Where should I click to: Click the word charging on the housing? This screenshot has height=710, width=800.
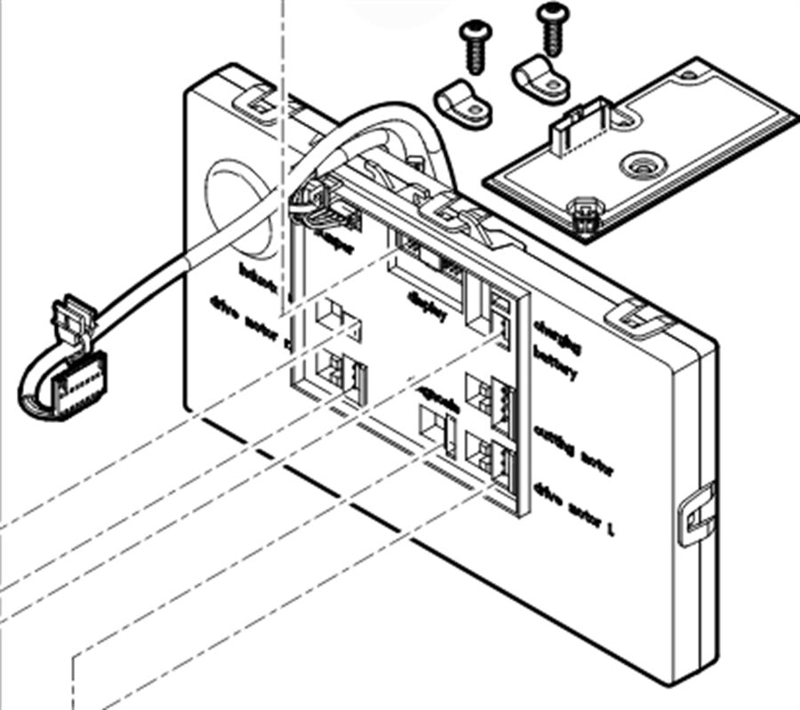557,337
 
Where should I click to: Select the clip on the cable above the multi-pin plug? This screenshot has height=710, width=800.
71,320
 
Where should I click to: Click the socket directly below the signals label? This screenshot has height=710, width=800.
436,430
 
